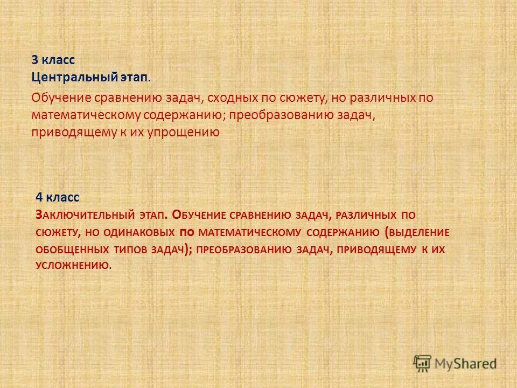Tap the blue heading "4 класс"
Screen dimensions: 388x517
[58, 197]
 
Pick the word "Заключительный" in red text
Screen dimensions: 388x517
[84, 214]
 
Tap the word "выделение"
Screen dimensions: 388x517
[420, 232]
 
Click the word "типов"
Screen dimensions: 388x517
[132, 250]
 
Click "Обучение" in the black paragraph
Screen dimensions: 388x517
[61, 99]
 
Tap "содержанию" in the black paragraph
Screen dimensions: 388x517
[190, 115]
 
